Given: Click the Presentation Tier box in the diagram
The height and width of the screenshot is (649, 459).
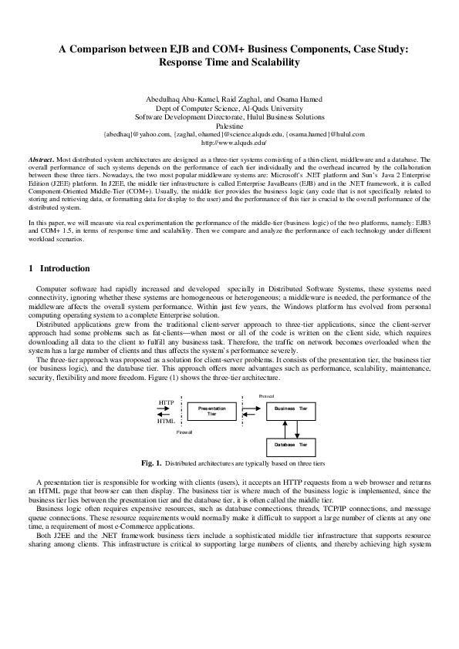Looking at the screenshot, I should [x=212, y=411].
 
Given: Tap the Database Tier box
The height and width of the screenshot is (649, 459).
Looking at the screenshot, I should [x=291, y=445].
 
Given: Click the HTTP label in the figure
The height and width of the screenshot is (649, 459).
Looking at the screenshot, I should [x=165, y=402].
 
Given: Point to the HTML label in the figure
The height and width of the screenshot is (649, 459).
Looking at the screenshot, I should [x=165, y=422].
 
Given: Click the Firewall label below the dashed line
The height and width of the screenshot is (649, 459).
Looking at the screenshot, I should [x=184, y=433].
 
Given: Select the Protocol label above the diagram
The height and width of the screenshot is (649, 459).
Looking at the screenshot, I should [x=268, y=395].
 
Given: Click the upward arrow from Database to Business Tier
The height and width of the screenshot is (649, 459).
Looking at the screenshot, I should [x=278, y=427].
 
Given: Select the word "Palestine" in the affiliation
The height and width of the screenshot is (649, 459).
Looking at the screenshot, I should [x=229, y=125].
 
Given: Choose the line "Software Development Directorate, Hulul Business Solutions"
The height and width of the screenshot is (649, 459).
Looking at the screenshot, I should [x=229, y=116].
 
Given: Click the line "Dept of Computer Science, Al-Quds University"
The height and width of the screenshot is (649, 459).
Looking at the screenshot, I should [x=229, y=108].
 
